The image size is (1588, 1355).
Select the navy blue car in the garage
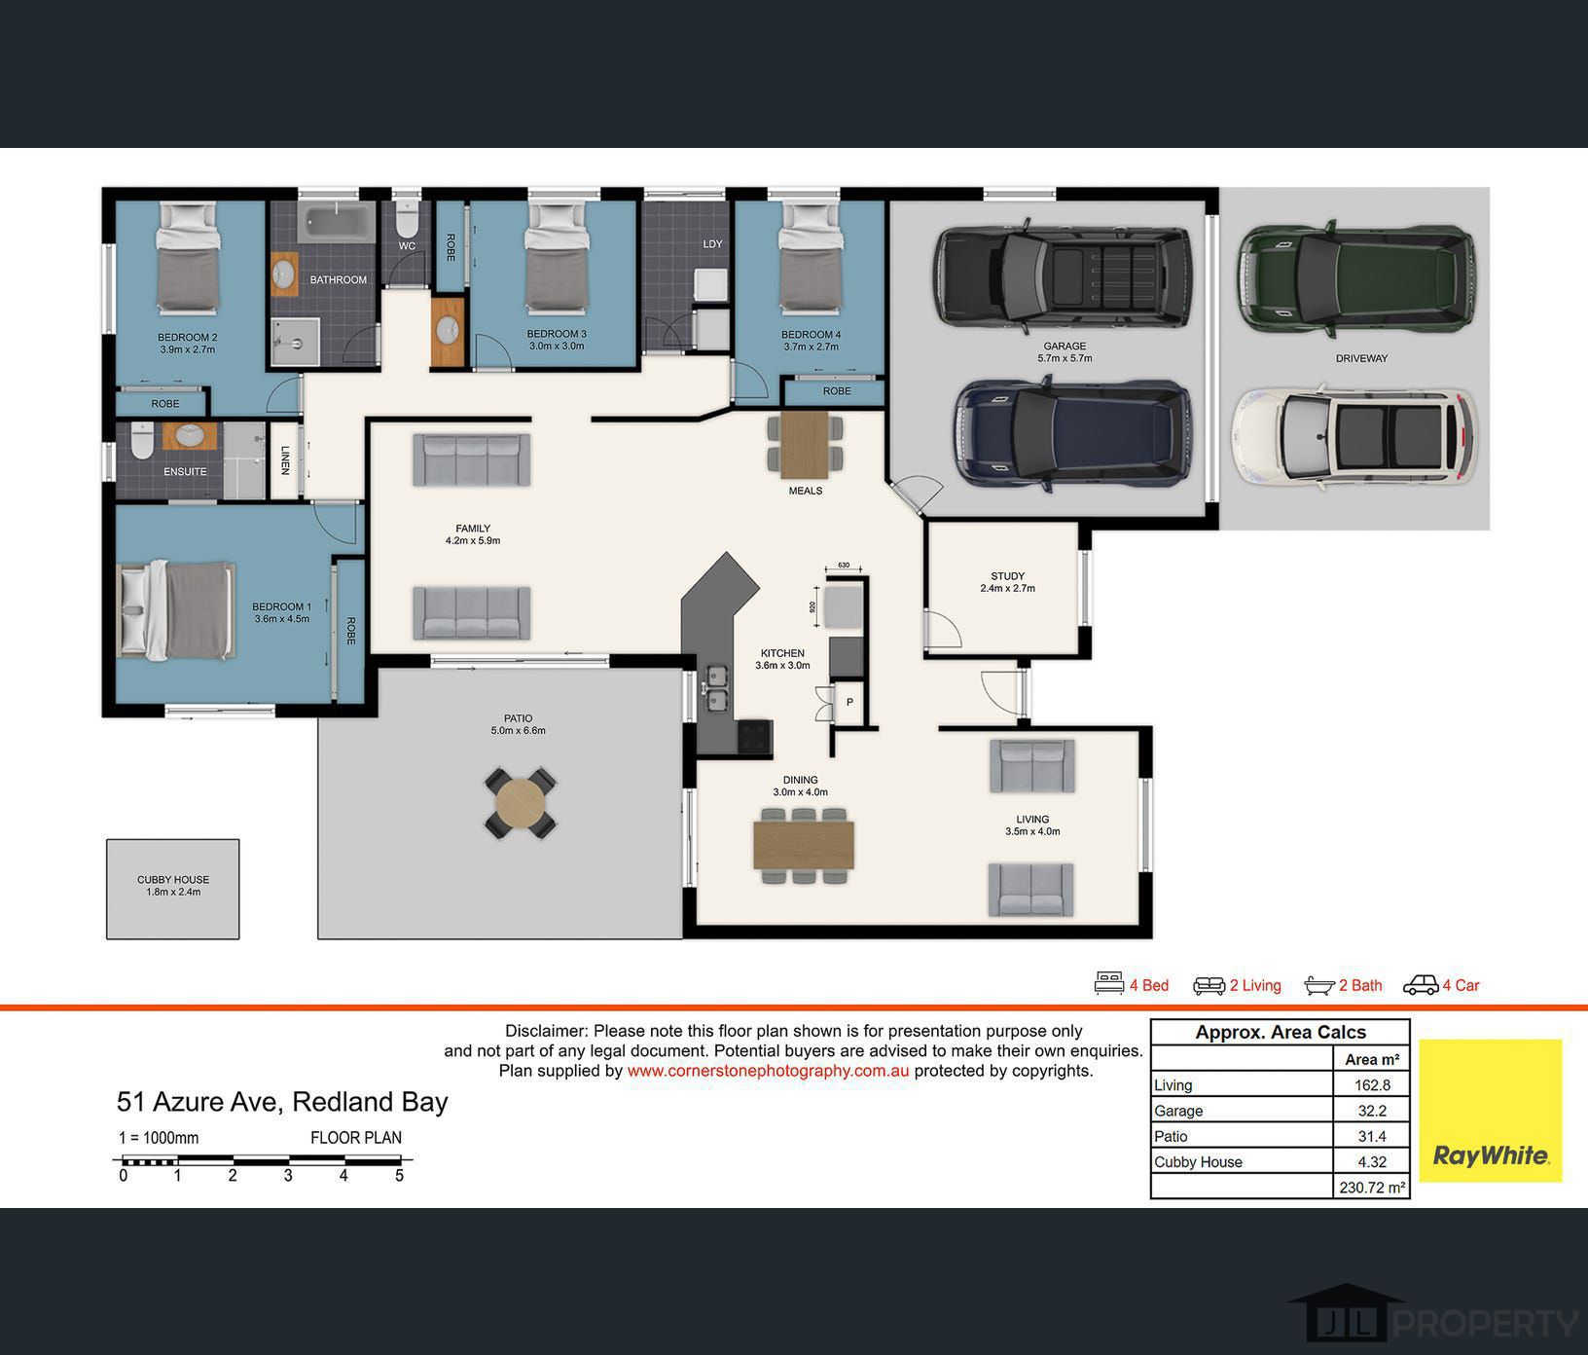[1072, 432]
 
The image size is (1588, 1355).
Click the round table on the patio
[521, 803]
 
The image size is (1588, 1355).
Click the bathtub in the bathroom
[336, 224]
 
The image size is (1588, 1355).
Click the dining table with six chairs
[804, 846]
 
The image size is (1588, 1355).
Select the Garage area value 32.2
[1371, 1111]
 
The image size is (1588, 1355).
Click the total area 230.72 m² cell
[1372, 1188]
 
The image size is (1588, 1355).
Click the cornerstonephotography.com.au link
[769, 1071]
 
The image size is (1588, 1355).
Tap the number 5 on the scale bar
[399, 1176]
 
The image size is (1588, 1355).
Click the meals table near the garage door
[805, 445]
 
